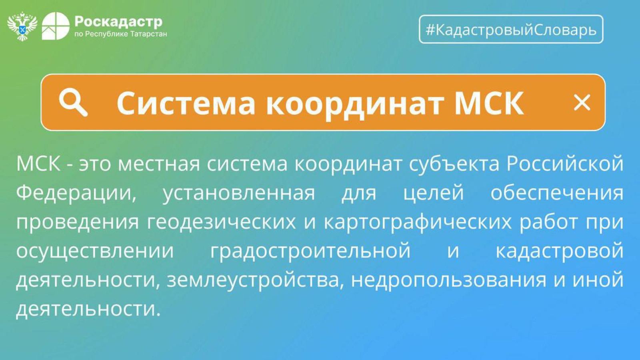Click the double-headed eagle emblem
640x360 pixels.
click(22, 26)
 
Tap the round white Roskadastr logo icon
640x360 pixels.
click(56, 26)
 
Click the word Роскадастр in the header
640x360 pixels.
click(118, 22)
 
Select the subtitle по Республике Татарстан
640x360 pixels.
click(120, 34)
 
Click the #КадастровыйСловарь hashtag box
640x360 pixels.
click(511, 29)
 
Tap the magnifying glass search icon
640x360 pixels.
click(73, 102)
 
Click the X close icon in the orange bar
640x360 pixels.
click(582, 102)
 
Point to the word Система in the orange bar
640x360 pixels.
click(186, 103)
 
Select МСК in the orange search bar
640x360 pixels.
click(489, 103)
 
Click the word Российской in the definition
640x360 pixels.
click(565, 164)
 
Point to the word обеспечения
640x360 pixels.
click(557, 193)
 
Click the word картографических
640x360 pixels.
click(418, 222)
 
